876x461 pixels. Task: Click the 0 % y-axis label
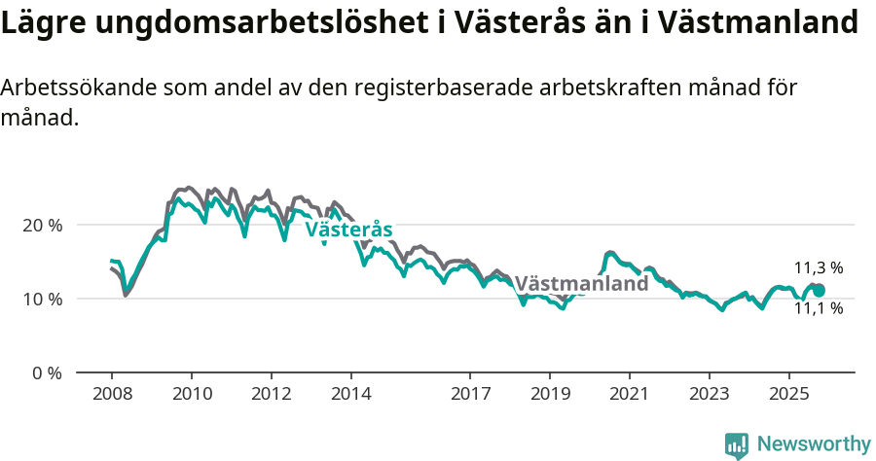pyautogui.click(x=47, y=372)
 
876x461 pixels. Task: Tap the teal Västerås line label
pyautogui.click(x=348, y=230)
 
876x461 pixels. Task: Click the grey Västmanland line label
pyautogui.click(x=581, y=284)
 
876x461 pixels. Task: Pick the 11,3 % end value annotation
pyautogui.click(x=819, y=268)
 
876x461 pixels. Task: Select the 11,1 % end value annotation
pyautogui.click(x=819, y=309)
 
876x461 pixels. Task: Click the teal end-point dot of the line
pyautogui.click(x=819, y=290)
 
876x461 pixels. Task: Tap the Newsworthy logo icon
pyautogui.click(x=737, y=445)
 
